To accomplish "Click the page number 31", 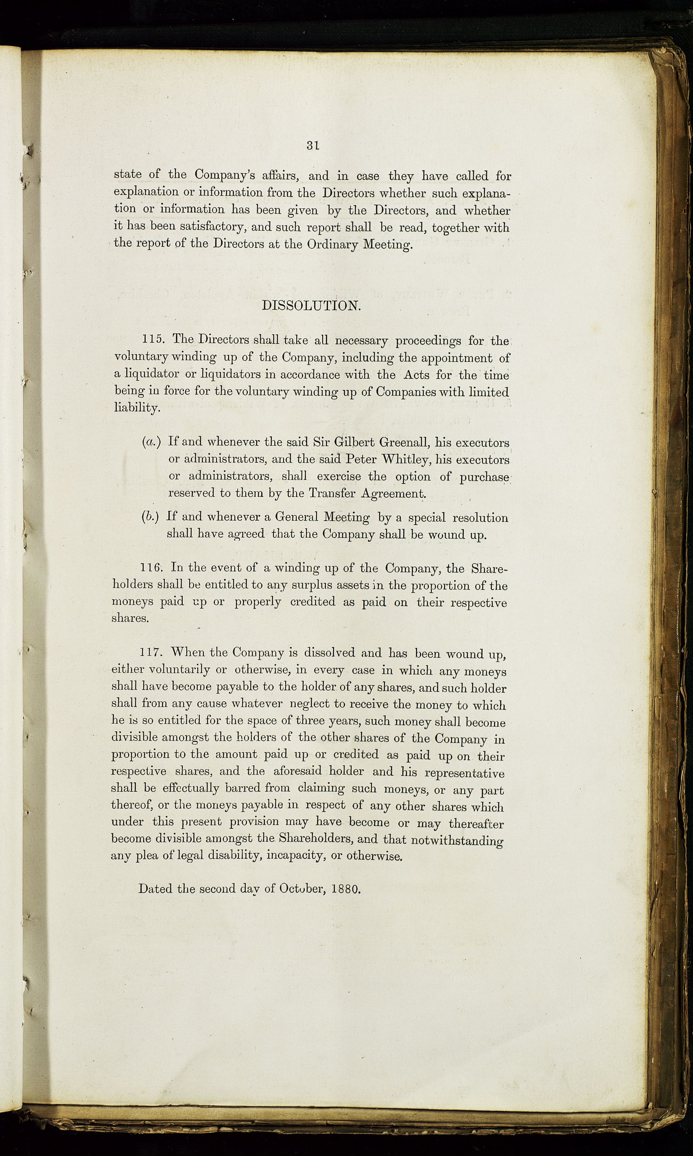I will (x=313, y=145).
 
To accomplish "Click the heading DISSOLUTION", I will (x=311, y=306).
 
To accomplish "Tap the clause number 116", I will (x=151, y=568).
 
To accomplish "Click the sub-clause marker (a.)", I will (x=151, y=442).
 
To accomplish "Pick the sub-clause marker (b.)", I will (x=151, y=517).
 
